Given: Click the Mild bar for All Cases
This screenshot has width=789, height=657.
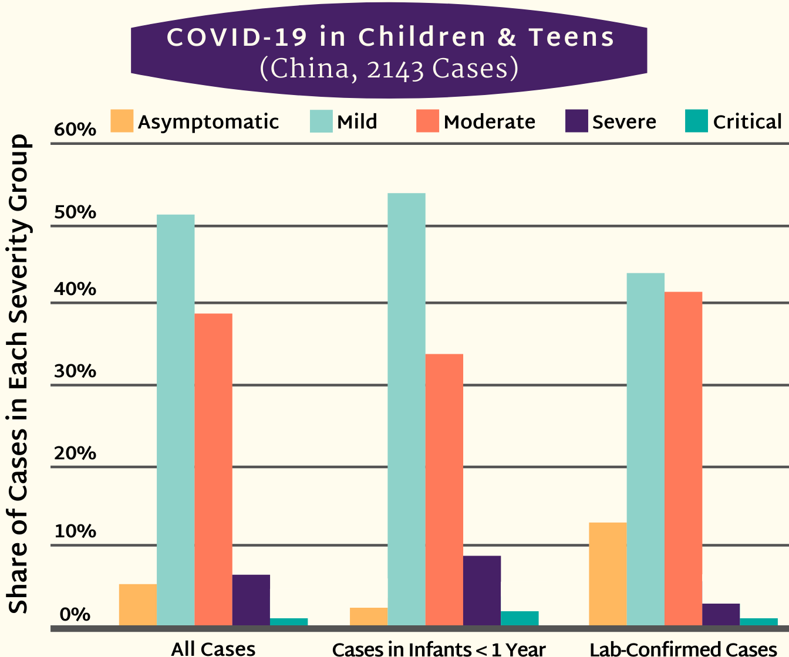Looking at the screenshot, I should tap(176, 420).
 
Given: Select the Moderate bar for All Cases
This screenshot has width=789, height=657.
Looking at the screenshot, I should tap(213, 469).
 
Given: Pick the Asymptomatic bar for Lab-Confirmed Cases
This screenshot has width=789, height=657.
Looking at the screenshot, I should tap(608, 574).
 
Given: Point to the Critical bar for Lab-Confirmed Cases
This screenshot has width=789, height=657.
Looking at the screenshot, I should tap(758, 622).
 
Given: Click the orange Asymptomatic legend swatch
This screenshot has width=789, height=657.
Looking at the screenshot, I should tap(122, 121).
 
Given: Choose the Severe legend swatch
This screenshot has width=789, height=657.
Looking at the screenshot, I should tap(576, 121).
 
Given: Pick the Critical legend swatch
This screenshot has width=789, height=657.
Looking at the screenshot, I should tap(697, 121).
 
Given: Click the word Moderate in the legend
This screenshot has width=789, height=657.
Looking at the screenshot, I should tap(490, 122).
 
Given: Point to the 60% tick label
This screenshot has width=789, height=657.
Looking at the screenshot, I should tap(75, 130).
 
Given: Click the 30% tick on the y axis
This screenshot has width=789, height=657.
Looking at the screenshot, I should tap(75, 371).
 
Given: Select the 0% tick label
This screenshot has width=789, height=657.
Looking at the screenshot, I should tap(75, 615).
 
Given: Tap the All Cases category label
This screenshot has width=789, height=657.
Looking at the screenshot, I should tap(213, 649).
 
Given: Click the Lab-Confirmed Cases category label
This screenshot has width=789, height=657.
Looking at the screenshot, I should tap(683, 649).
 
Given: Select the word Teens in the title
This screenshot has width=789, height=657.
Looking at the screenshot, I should tap(571, 38).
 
